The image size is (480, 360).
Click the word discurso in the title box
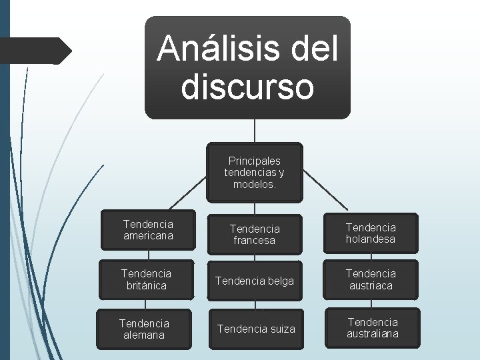pyautogui.click(x=247, y=87)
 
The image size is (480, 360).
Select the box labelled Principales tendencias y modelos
pyautogui.click(x=255, y=173)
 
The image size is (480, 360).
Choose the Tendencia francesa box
pyautogui.click(x=255, y=234)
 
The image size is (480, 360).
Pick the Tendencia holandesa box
pyautogui.click(x=371, y=233)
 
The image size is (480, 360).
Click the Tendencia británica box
pyautogui.click(x=146, y=279)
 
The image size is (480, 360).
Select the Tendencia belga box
pyautogui.click(x=255, y=281)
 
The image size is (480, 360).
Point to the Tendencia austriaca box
pyautogui.click(x=371, y=279)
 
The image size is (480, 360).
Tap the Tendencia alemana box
pyautogui.click(x=145, y=329)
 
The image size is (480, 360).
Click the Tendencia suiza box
pyautogui.click(x=255, y=329)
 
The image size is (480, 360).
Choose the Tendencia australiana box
pyautogui.click(x=372, y=327)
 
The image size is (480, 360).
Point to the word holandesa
pyautogui.click(x=371, y=239)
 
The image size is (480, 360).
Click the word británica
pyautogui.click(x=146, y=285)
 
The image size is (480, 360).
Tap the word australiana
pyautogui.click(x=372, y=333)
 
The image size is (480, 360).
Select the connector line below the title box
pyautogui.click(x=255, y=131)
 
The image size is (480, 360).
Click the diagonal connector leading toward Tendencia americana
pyautogui.click(x=187, y=191)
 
